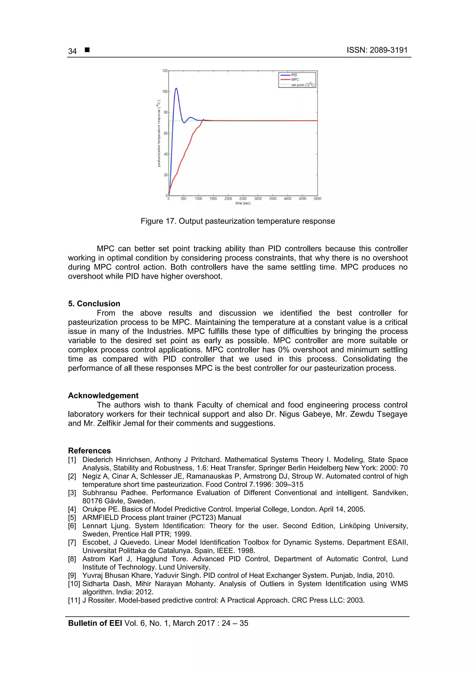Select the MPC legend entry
tap(295, 79)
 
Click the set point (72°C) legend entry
tap(302, 85)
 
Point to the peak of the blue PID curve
tap(176, 88)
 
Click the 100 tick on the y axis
tap(165, 92)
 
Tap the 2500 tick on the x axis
tap(243, 199)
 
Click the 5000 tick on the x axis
tap(317, 199)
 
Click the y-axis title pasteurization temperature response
tap(159, 134)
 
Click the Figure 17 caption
tap(238, 221)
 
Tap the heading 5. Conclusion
tap(94, 304)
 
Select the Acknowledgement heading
tap(103, 395)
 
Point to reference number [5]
tap(72, 517)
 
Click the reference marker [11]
tap(74, 600)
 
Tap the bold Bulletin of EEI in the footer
tap(95, 623)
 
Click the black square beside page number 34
tap(87, 50)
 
